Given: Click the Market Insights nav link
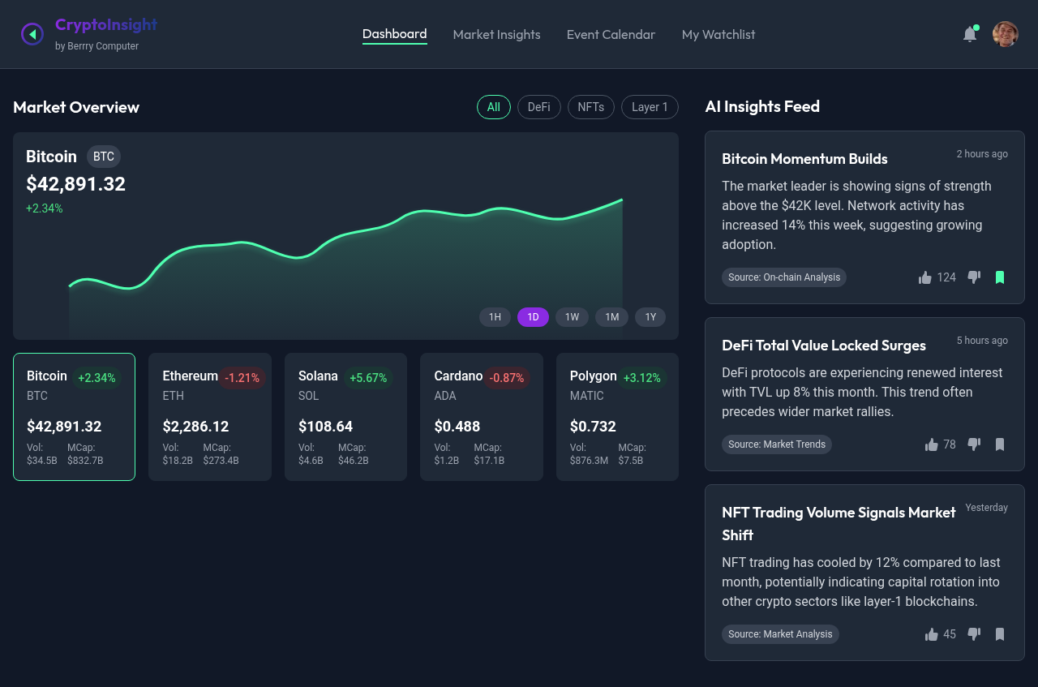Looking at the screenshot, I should click(x=496, y=35).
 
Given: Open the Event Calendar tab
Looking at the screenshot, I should click(x=611, y=35).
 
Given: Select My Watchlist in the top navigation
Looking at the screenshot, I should click(x=718, y=35).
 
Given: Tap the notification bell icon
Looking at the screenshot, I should click(x=969, y=34).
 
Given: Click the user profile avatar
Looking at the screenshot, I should click(x=1005, y=34).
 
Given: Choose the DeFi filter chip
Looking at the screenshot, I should click(x=538, y=107).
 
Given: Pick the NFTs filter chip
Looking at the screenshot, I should click(x=590, y=107).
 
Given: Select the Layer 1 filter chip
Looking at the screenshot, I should click(x=650, y=107).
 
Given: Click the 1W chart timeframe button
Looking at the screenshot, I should click(x=572, y=317).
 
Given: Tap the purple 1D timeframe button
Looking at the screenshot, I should click(x=533, y=317).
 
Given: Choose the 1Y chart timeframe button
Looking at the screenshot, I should click(x=650, y=317).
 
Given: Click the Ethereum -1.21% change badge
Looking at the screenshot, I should click(x=242, y=378).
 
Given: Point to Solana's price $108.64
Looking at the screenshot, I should click(x=325, y=427).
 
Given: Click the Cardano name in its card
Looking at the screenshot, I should click(x=458, y=376).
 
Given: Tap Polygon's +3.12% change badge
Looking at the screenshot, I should click(x=641, y=378).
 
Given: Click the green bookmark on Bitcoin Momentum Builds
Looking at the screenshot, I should click(x=1000, y=277).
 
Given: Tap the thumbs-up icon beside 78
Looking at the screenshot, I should click(x=931, y=444).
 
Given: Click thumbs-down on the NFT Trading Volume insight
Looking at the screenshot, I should click(x=974, y=634).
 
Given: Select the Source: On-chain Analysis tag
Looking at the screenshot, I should click(x=783, y=277).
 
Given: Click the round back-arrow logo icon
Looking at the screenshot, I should click(x=32, y=34).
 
